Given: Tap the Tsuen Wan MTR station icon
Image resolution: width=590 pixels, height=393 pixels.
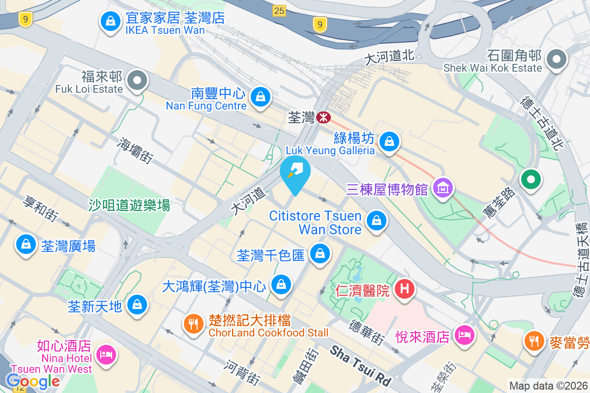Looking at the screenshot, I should point(323,117).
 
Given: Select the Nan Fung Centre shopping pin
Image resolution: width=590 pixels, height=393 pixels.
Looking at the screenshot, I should point(259,96).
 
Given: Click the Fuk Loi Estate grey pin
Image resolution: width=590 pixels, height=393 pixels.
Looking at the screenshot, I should point(137,80).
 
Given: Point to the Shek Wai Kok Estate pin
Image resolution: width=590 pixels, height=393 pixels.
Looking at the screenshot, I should point(557,60).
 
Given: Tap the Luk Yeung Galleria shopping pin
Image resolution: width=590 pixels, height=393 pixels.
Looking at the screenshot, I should point(389,141).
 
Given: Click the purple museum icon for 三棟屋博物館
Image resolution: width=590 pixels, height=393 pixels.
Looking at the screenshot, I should point(443,188).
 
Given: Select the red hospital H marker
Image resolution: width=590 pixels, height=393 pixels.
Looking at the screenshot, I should point(405,288).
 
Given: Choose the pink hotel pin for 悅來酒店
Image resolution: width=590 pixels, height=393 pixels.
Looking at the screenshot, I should point(465,335).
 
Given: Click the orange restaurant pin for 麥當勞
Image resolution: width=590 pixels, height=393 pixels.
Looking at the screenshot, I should point(533,339).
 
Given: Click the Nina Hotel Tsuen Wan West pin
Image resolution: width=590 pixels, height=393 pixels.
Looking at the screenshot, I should point(106,354).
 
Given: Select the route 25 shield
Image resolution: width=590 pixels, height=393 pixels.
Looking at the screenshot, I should point(279,10).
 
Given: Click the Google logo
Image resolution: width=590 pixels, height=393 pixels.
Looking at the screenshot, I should point(32,381).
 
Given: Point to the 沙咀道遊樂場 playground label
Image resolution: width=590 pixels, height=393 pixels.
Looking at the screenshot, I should point(129,205).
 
